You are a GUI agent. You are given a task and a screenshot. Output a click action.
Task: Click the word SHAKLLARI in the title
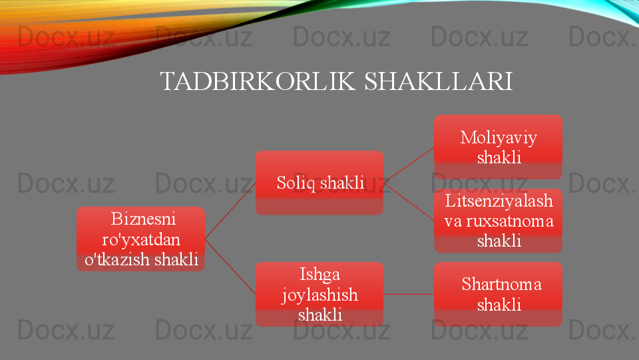pyautogui.click(x=439, y=81)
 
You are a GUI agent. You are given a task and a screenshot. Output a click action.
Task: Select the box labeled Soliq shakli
pyautogui.click(x=319, y=183)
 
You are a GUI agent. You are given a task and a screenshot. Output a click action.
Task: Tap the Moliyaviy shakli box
pyautogui.click(x=498, y=147)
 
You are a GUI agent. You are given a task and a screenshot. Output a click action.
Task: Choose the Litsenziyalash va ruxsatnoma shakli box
pyautogui.click(x=498, y=221)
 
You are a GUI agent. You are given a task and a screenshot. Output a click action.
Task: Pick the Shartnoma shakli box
pyautogui.click(x=498, y=294)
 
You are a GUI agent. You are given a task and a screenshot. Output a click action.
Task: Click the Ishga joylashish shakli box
pyautogui.click(x=319, y=294)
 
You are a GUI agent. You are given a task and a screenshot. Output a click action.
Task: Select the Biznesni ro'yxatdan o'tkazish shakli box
pyautogui.click(x=140, y=239)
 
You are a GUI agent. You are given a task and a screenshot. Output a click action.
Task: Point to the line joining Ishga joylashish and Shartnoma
pyautogui.click(x=409, y=294)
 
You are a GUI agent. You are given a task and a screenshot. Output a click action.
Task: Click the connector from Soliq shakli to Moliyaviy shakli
pyautogui.click(x=409, y=165)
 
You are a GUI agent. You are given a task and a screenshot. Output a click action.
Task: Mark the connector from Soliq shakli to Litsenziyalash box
pyautogui.click(x=409, y=201)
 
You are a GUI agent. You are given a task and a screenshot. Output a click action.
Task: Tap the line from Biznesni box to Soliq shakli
pyautogui.click(x=230, y=211)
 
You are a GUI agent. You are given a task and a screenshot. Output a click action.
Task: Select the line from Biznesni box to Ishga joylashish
pyautogui.click(x=230, y=267)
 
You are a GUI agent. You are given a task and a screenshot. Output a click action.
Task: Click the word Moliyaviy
pyautogui.click(x=499, y=138)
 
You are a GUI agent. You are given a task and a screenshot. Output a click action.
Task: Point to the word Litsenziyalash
pyautogui.click(x=499, y=201)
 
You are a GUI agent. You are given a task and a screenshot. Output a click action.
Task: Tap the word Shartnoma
pyautogui.click(x=502, y=284)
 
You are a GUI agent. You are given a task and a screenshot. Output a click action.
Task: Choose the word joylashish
pyautogui.click(x=320, y=295)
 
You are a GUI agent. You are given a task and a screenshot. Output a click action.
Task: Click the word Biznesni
pyautogui.click(x=143, y=219)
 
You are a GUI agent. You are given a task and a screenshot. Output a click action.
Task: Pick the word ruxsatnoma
pyautogui.click(x=510, y=221)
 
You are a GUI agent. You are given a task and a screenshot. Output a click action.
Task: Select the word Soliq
pyautogui.click(x=296, y=183)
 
